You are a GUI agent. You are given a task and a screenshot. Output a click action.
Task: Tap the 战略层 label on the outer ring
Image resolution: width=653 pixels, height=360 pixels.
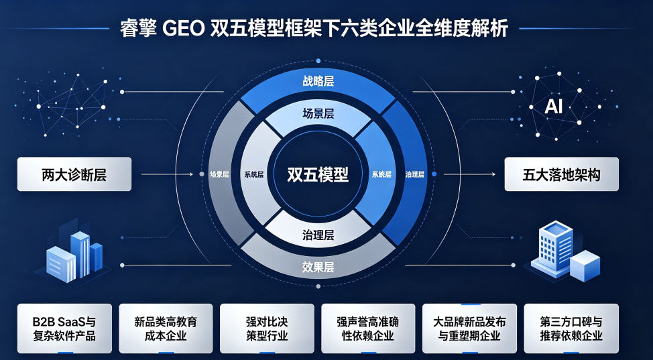(x=318, y=81)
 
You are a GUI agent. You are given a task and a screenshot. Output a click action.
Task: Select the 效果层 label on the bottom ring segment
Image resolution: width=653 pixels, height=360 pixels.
(x=318, y=267)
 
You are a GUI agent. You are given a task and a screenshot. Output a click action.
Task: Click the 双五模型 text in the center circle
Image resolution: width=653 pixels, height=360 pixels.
(x=318, y=174)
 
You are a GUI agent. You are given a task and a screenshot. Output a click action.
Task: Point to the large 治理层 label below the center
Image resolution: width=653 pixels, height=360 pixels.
(x=318, y=235)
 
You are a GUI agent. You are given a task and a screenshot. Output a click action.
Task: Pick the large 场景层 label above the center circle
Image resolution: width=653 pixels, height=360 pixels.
(x=318, y=113)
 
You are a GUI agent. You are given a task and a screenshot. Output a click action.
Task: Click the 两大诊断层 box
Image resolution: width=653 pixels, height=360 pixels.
(x=74, y=174)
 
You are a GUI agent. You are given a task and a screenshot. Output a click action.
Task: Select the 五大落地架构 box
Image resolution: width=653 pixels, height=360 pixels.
(x=561, y=174)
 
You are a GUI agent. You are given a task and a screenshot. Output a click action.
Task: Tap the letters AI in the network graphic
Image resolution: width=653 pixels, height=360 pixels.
(x=554, y=107)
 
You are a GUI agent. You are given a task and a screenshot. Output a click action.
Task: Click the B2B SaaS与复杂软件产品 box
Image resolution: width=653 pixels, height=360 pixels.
(x=64, y=328)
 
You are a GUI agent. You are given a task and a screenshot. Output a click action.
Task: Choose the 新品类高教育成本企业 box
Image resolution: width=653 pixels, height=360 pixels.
(x=166, y=328)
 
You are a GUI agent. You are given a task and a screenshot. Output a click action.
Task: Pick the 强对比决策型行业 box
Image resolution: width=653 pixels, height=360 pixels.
(x=267, y=328)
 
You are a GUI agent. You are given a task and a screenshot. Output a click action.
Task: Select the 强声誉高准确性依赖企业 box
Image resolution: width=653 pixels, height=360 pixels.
(x=368, y=328)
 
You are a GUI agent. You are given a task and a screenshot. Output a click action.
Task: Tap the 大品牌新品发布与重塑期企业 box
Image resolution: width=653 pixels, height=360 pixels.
(x=469, y=328)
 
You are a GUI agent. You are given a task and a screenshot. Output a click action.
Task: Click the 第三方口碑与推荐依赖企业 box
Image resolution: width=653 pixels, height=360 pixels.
(x=571, y=328)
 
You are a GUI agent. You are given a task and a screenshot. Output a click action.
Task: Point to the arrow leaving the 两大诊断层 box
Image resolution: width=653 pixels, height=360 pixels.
(x=168, y=174)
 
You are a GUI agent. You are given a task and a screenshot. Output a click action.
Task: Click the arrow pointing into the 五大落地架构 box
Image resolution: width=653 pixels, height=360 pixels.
(x=469, y=174)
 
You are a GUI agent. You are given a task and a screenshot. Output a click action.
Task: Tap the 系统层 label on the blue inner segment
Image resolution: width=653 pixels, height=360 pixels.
(x=381, y=174)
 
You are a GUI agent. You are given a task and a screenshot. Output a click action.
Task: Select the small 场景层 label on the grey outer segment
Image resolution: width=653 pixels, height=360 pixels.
(x=219, y=174)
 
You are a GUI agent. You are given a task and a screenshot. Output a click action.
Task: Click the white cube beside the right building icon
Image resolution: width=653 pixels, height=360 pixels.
(x=585, y=266)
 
